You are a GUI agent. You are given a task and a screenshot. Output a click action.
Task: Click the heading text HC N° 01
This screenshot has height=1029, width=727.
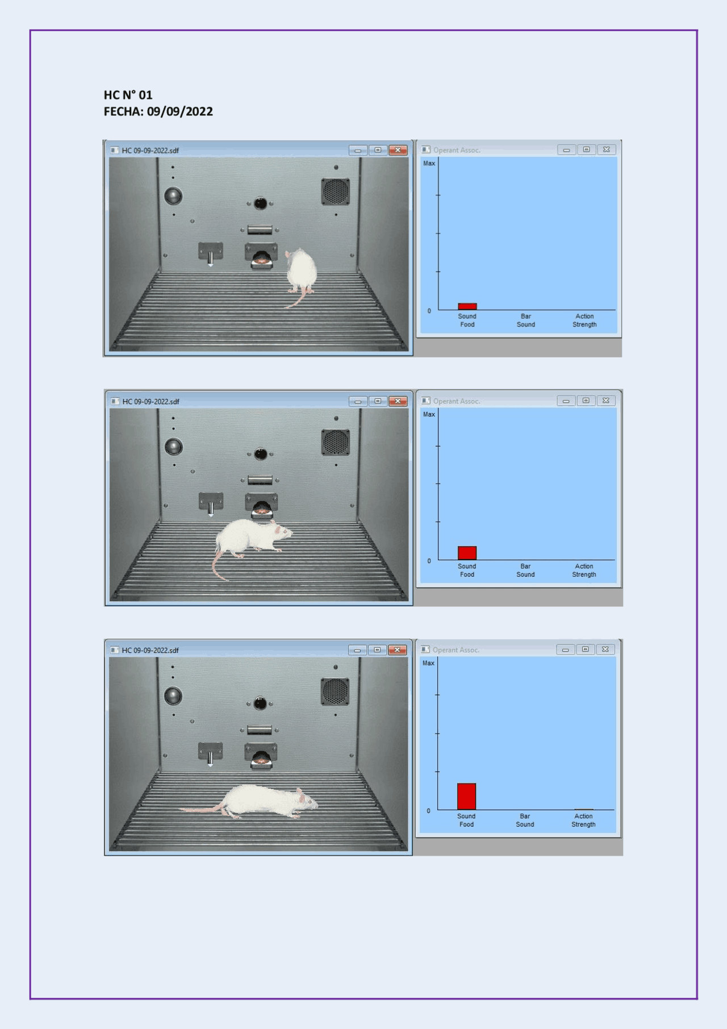point(128,95)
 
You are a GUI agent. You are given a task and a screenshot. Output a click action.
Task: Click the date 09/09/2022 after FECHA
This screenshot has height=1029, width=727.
point(179,111)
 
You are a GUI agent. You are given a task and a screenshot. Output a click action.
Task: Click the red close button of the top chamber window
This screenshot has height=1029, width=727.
point(398,150)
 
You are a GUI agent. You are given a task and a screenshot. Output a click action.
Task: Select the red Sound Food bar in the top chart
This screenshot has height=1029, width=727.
point(467,306)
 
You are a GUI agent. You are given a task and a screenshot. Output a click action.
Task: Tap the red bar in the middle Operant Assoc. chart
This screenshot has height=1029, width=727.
point(467,553)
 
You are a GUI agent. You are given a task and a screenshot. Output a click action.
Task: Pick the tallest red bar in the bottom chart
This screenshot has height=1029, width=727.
point(466,796)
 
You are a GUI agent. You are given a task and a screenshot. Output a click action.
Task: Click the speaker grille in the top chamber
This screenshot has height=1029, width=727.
point(336,191)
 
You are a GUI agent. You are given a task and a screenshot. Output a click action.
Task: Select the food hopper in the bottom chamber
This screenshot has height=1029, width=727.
point(261,756)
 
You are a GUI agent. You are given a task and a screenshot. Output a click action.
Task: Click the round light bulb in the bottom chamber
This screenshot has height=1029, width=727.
point(173,695)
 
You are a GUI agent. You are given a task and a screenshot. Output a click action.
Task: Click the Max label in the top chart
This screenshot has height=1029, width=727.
point(429,163)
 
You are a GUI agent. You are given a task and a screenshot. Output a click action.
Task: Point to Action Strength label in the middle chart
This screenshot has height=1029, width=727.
point(584,570)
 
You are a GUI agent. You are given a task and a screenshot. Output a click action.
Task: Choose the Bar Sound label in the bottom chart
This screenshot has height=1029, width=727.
point(525,820)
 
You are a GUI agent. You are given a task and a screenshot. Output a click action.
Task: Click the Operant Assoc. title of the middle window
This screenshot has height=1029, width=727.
point(457,401)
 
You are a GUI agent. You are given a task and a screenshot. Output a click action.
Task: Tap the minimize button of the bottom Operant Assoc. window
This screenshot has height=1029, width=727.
point(565,649)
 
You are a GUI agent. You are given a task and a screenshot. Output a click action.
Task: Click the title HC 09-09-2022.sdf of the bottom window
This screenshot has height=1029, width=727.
point(151,650)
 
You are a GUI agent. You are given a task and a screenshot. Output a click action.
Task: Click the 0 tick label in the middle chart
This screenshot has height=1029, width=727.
point(429,561)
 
